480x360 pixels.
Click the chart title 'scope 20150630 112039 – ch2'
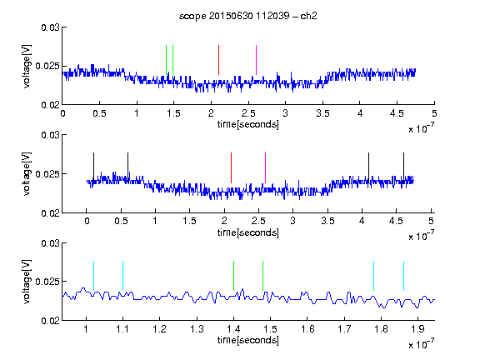coord(248,16)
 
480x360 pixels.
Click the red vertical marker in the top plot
coord(218,60)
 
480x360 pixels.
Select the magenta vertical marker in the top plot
coord(256,60)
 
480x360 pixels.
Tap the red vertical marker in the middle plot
coord(231,167)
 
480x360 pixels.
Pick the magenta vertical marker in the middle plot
coord(265,167)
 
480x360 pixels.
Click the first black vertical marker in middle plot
coord(93,167)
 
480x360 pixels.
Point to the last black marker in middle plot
coord(403,167)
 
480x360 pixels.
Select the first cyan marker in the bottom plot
coord(93,276)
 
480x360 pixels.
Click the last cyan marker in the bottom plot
coord(403,276)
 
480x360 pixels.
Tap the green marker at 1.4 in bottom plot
coord(233,276)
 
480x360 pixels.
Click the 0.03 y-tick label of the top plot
coord(50,27)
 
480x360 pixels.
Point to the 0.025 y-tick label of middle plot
coord(47,174)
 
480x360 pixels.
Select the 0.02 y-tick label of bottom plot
coord(50,321)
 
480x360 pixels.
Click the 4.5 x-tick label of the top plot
coord(397,113)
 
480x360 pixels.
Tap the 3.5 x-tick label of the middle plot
coord(327,221)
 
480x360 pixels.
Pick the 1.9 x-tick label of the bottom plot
coord(417,329)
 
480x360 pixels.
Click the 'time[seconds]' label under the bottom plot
coord(248,340)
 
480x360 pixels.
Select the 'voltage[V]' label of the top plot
coord(27,66)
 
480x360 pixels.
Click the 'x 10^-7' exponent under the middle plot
coord(421,235)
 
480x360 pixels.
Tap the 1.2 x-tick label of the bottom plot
coord(159,329)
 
